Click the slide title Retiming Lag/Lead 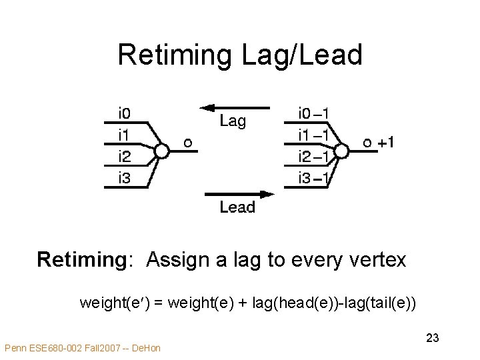pos(240,55)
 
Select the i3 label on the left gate pos(125,177)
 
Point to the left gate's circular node pos(161,152)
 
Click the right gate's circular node pos(341,152)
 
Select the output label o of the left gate pos(188,142)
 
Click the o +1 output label pos(378,143)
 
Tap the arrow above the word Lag pos(235,107)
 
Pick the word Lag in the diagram pos(233,121)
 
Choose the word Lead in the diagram pos(237,207)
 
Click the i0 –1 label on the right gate pos(317,113)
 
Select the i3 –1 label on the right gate pos(317,177)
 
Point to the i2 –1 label pos(317,156)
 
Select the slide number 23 pos(432,339)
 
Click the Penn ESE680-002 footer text pos(82,347)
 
